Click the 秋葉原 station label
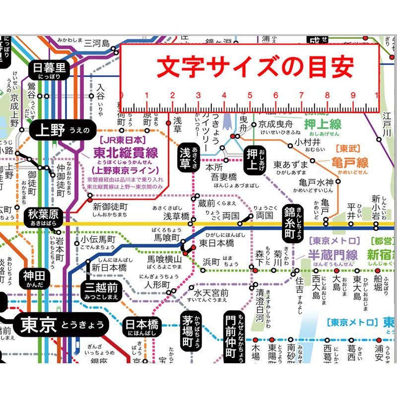coord(44,216)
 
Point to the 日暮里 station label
coord(49,69)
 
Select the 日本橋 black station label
coord(141,327)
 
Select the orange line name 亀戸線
coord(350,162)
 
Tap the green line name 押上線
coord(323,124)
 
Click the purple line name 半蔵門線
coord(332,255)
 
